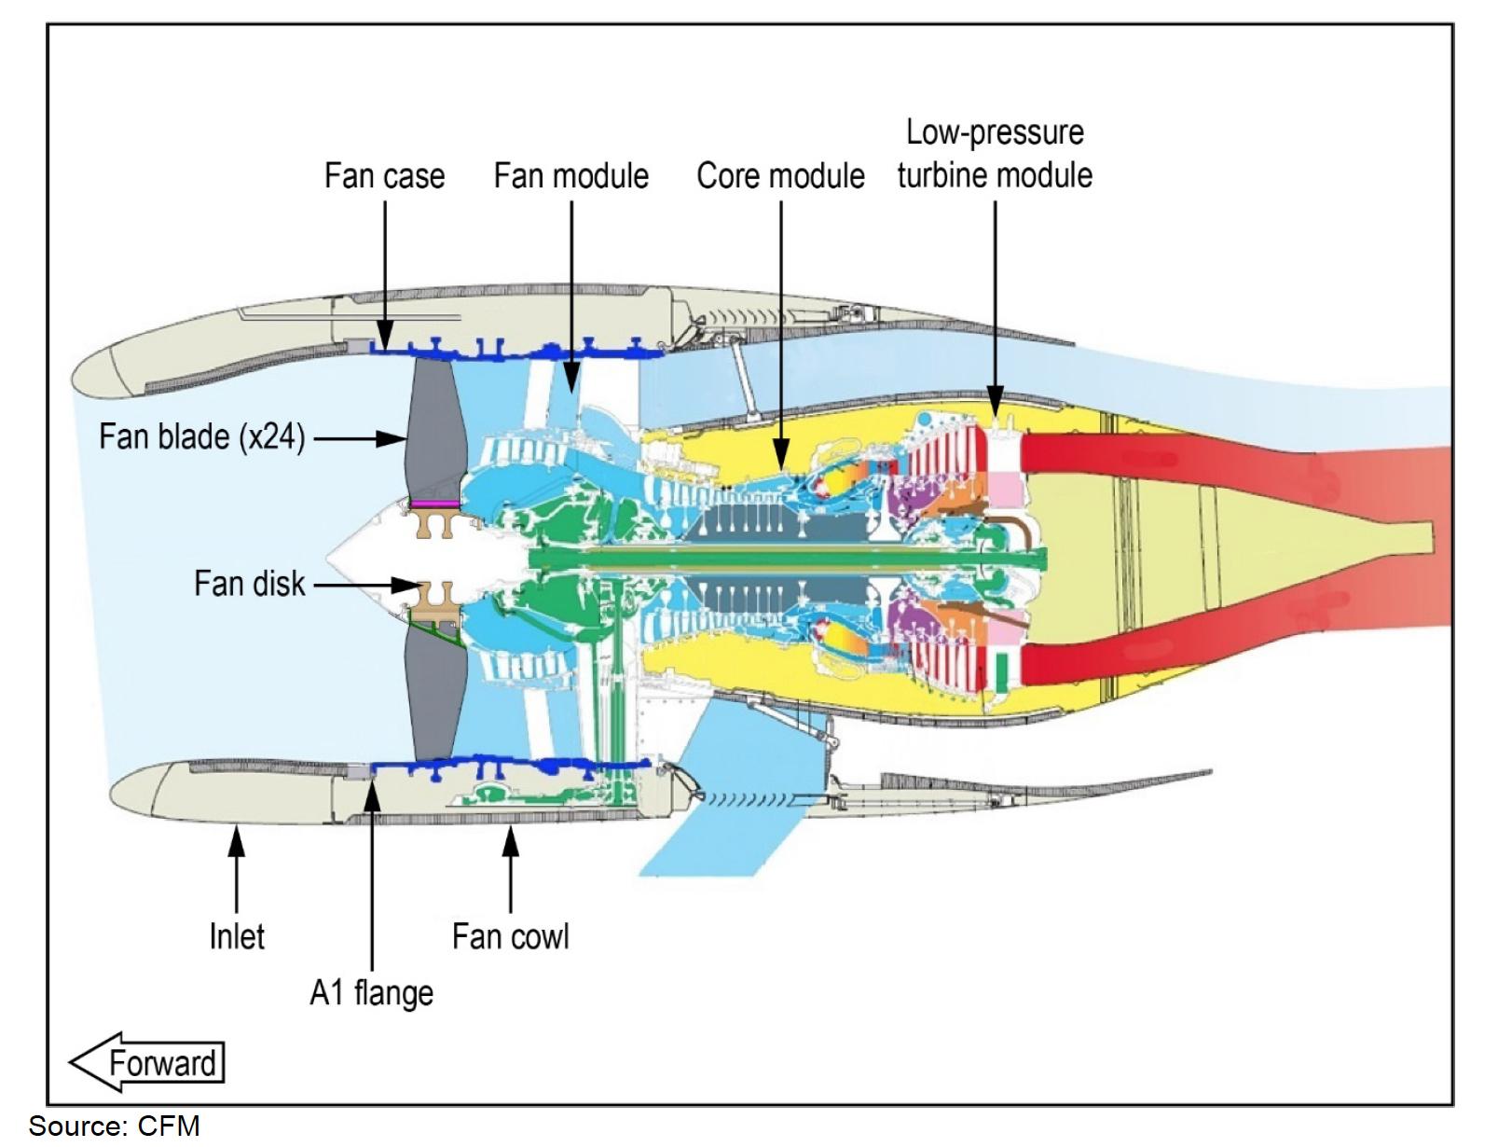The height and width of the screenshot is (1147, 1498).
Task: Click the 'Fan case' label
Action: pos(384,176)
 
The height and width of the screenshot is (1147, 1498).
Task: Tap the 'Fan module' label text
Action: pos(570,176)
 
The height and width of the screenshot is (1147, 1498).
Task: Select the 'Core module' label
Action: pos(780,176)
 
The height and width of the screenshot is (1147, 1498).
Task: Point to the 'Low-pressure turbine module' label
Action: pos(995,154)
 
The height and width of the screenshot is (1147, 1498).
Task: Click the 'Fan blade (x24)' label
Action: pos(202,436)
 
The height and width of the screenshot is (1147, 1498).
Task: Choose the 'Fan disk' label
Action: pos(249,584)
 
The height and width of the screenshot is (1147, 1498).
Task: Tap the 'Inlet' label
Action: pos(237,936)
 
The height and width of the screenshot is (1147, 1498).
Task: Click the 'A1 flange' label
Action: pos(371,992)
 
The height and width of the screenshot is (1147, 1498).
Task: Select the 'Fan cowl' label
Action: pos(510,936)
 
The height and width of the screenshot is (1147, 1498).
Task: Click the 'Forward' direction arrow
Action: pos(147,1062)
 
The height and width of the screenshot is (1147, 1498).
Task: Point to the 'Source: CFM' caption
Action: pos(114,1126)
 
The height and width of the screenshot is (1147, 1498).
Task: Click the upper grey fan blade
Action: pos(434,429)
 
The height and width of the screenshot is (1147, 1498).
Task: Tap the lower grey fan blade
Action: pos(434,690)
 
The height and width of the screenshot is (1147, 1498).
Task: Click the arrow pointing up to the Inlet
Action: pos(237,867)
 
